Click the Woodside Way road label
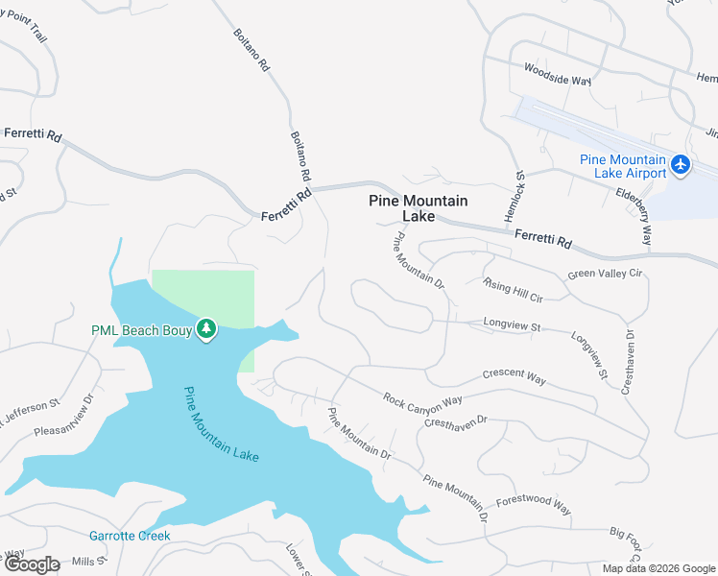point(557,75)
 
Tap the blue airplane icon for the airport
point(682,165)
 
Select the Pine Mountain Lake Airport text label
point(623,166)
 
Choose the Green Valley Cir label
point(605,274)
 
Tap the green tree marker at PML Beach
point(205,329)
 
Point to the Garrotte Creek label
point(130,536)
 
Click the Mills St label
point(87,560)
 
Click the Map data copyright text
point(658,568)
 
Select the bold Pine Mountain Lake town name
point(419,208)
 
